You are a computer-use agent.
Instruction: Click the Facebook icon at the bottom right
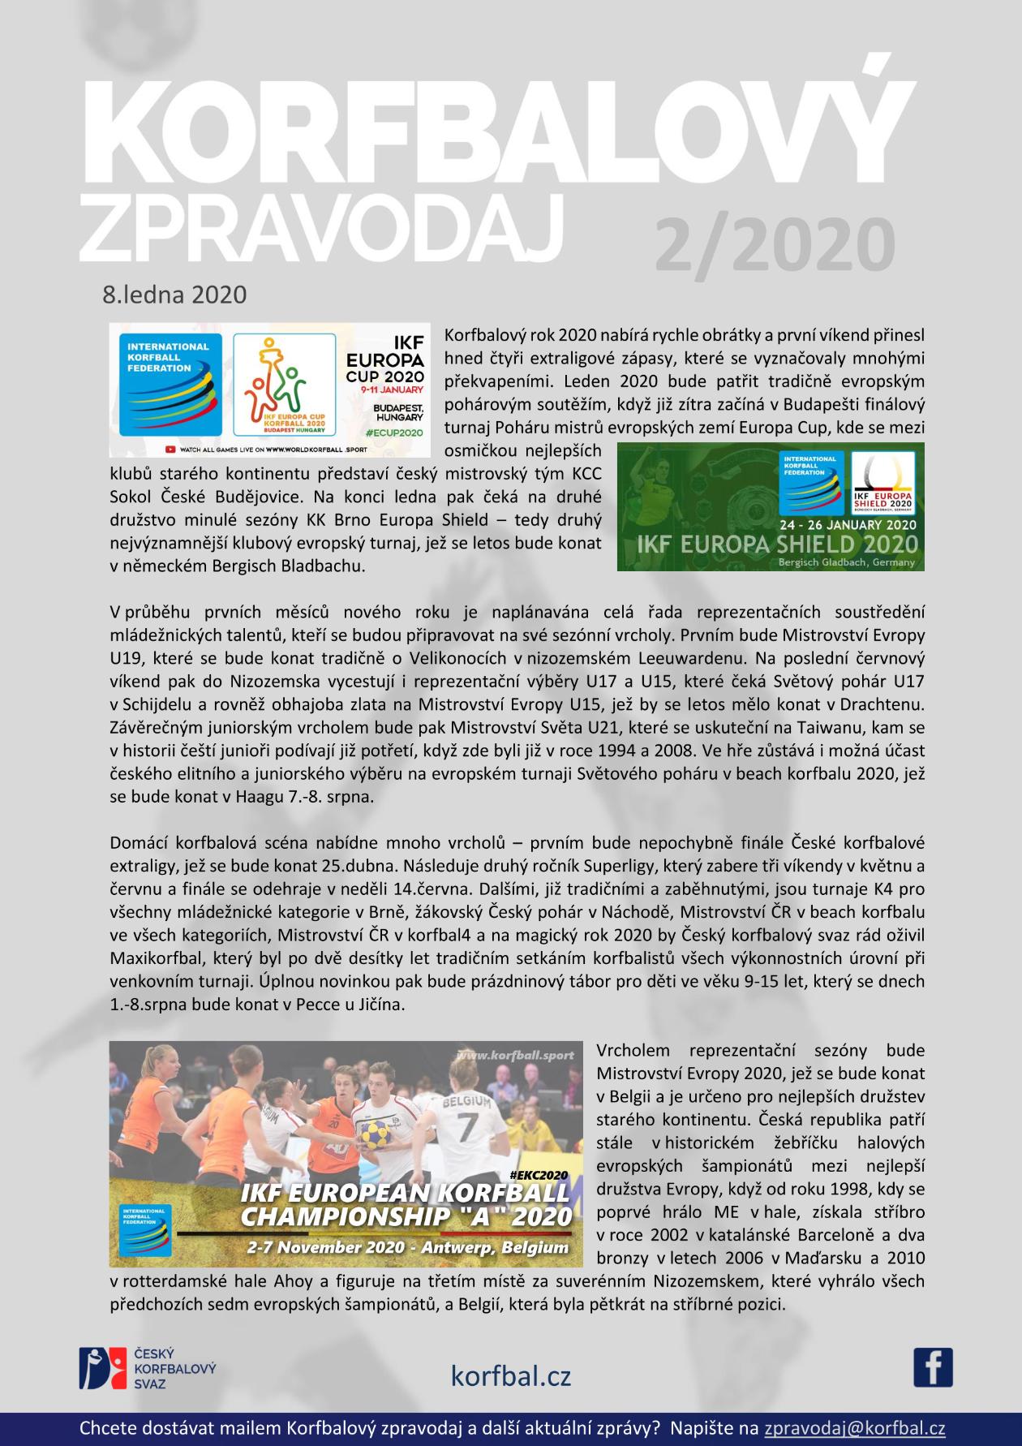coord(933,1367)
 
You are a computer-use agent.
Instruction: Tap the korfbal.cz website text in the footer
coord(511,1376)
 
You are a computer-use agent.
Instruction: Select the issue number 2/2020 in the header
coord(775,244)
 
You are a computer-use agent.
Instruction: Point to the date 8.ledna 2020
coord(174,294)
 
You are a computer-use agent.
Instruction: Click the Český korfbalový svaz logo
coord(148,1368)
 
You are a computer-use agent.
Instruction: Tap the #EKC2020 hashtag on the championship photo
coord(540,1174)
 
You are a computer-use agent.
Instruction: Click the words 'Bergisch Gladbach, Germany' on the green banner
coord(846,562)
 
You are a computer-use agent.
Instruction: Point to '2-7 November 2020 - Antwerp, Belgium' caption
coord(409,1247)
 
